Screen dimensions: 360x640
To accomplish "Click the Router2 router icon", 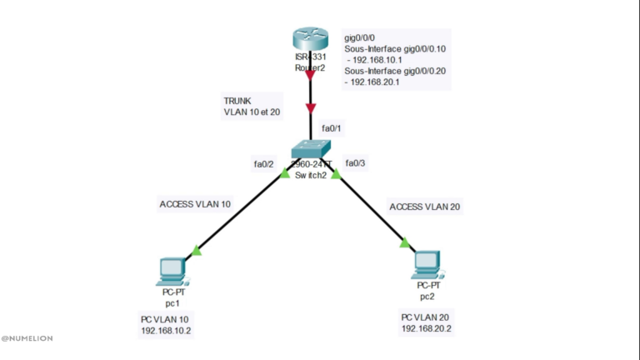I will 310,40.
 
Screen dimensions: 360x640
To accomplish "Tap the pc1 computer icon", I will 172,270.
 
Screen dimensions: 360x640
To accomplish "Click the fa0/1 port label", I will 332,128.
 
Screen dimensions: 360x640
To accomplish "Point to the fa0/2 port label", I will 264,163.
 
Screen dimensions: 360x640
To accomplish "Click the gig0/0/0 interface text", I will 361,38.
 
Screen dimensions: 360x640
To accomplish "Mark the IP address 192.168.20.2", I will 427,329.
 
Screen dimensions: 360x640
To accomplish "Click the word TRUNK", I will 237,98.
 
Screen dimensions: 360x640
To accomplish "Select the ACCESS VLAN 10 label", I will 194,203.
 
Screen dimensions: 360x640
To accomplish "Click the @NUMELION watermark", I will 28,339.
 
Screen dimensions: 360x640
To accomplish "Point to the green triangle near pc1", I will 197,249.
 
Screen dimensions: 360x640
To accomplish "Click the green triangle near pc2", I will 404,242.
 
